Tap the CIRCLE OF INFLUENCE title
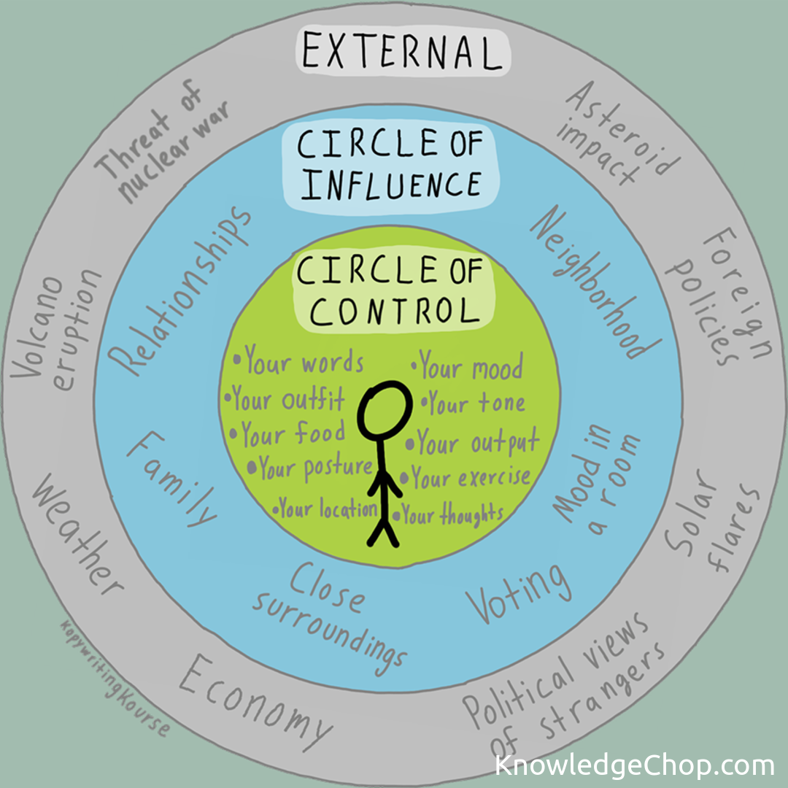pyautogui.click(x=390, y=163)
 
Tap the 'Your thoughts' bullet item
pyautogui.click(x=451, y=515)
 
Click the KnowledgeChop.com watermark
pyautogui.click(x=633, y=765)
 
